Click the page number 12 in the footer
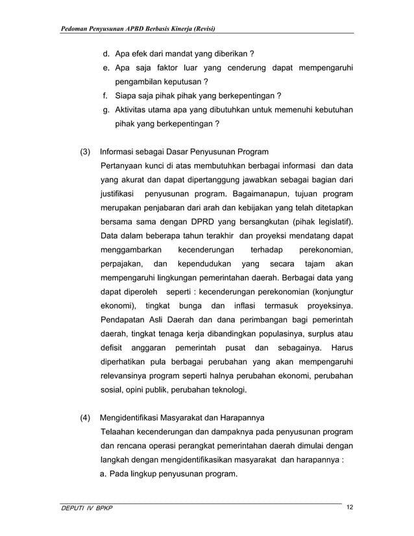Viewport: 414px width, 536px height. click(350, 507)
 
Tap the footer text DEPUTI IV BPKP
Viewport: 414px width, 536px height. click(84, 508)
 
